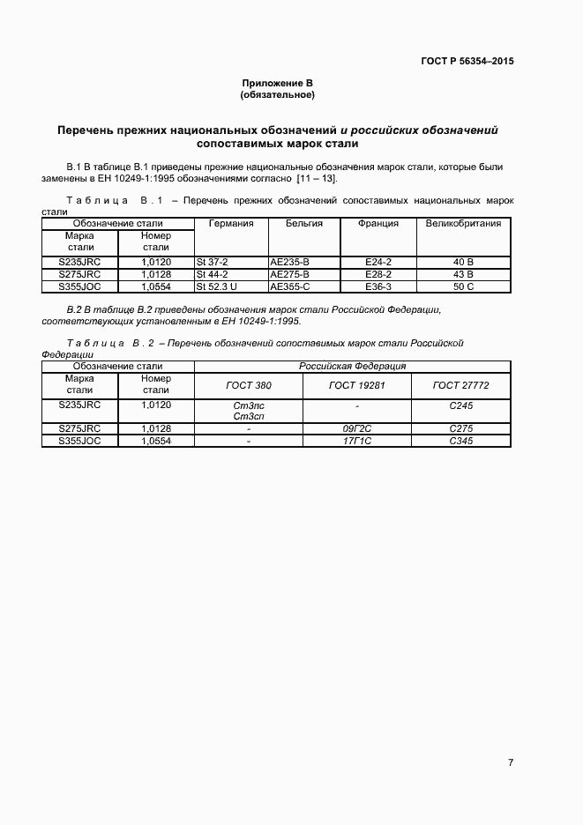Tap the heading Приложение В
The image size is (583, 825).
tap(277, 83)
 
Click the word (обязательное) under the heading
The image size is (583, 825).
tap(277, 94)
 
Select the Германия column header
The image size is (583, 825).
tap(230, 224)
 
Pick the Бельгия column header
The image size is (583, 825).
tap(304, 224)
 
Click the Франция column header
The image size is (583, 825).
tap(378, 224)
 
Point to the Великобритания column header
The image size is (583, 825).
tap(463, 224)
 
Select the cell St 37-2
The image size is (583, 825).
tap(213, 262)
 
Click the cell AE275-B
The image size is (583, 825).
tap(289, 274)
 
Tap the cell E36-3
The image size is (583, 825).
tap(378, 286)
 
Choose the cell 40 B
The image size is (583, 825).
tap(463, 262)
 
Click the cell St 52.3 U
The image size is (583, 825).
tap(217, 286)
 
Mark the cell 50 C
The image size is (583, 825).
tap(463, 286)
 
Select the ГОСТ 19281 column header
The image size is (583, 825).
tap(356, 385)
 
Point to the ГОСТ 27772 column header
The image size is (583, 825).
tap(460, 385)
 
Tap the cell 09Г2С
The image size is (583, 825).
tap(356, 428)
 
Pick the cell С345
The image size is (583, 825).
tap(460, 441)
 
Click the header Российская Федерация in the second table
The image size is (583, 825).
tap(352, 366)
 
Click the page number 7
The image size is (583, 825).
tap(511, 762)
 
